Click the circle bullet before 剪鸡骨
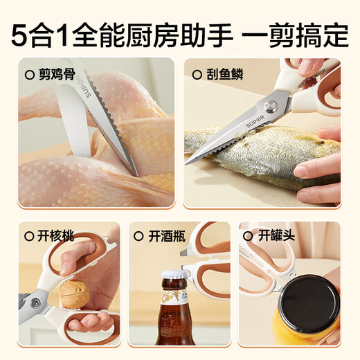[x=29, y=73]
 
